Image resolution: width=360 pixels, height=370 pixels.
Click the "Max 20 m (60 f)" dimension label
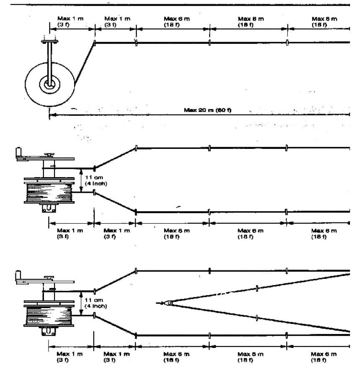(x=208, y=110)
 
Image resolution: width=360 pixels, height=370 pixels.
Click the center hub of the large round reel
(x=50, y=84)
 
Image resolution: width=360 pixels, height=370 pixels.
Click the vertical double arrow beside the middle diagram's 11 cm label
(x=81, y=180)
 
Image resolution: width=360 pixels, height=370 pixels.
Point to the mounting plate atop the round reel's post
(x=50, y=41)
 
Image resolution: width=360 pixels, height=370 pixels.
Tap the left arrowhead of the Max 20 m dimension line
(x=51, y=115)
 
